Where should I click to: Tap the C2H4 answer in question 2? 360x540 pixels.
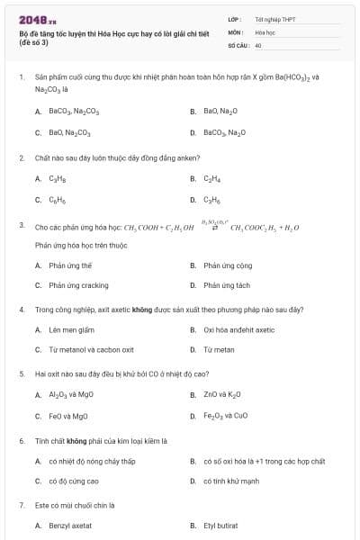(212, 178)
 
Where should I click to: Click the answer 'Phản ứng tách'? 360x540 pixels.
(227, 285)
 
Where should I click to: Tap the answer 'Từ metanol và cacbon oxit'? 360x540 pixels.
(91, 350)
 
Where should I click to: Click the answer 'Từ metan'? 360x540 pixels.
(219, 350)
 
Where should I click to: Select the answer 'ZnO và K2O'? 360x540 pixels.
(222, 394)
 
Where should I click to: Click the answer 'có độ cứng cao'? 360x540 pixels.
(74, 481)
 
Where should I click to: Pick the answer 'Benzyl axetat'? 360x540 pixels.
(70, 526)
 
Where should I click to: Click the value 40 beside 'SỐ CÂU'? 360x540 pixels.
(258, 44)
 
